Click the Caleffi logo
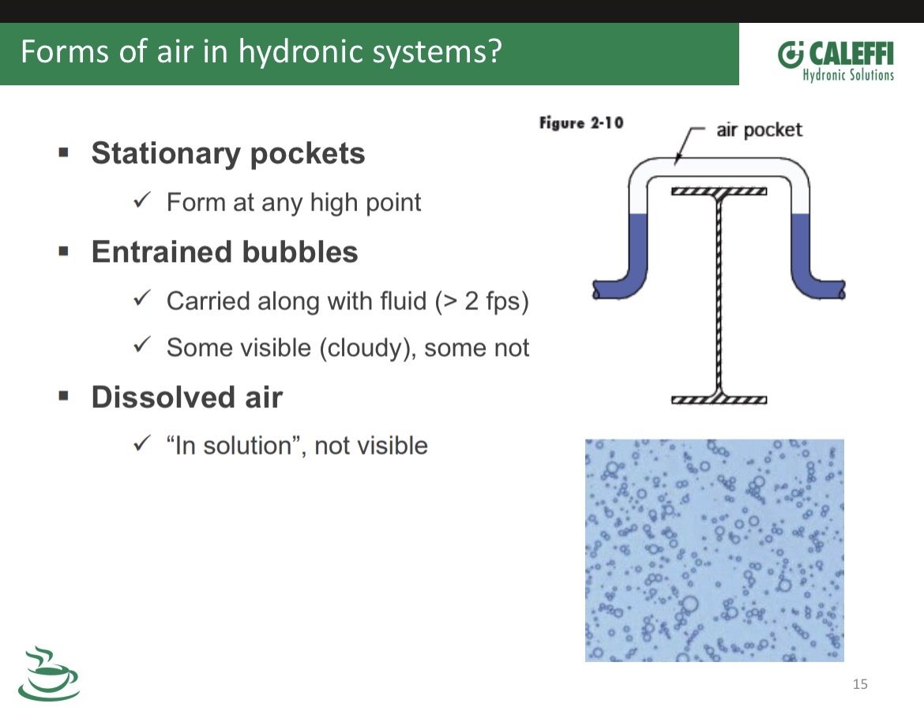tap(836, 61)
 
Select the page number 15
tap(860, 684)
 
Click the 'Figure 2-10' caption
tap(581, 122)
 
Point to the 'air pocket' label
tap(759, 129)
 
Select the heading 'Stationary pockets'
tap(228, 154)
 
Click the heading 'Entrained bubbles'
tap(224, 252)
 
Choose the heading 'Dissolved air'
tap(187, 397)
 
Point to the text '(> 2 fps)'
tap(482, 301)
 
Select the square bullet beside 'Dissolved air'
tap(64, 395)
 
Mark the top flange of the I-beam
tap(719, 192)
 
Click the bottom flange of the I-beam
tap(719, 400)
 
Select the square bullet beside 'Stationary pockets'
tap(64, 153)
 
